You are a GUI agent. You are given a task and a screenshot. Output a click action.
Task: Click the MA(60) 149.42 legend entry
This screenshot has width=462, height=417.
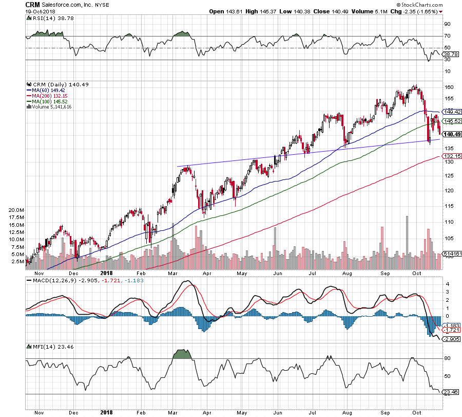[49, 90]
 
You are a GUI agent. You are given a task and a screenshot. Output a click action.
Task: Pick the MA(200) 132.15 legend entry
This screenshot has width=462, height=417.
[50, 96]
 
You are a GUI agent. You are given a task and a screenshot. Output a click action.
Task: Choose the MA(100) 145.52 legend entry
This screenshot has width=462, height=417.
[50, 102]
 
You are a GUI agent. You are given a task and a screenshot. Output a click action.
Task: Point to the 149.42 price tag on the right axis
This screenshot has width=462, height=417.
[452, 112]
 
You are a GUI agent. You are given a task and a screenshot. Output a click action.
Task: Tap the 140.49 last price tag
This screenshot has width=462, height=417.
[452, 134]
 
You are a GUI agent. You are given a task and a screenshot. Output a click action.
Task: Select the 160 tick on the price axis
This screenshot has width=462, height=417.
[449, 86]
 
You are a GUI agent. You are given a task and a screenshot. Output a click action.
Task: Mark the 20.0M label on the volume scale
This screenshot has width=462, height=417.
[17, 210]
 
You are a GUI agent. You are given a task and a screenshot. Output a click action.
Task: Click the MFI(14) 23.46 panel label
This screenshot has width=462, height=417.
[47, 347]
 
